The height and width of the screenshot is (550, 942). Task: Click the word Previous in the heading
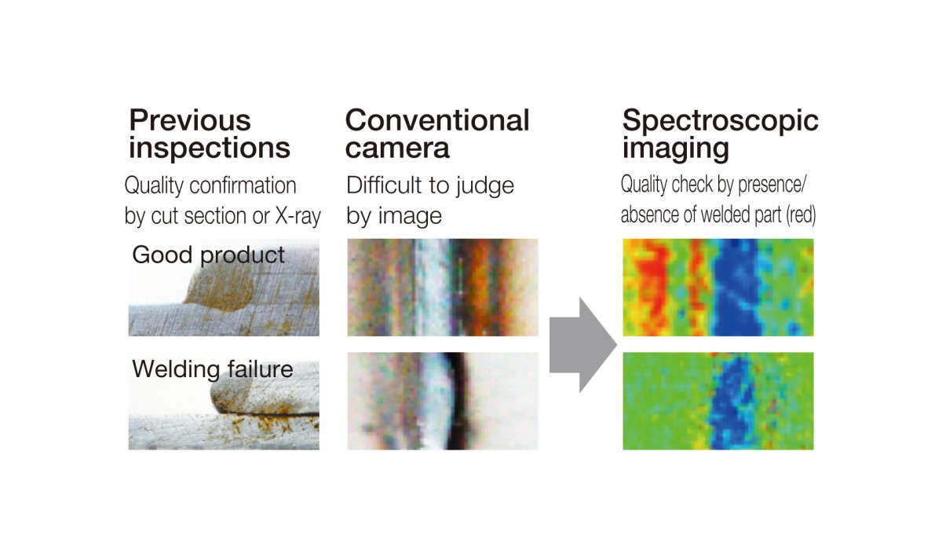pos(190,120)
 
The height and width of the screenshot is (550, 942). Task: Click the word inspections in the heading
pos(210,148)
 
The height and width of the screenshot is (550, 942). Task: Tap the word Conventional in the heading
pos(437,120)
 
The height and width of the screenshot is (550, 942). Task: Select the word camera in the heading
pos(397,148)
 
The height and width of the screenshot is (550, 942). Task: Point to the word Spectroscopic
pos(721,122)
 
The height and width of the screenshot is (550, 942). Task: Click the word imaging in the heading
pos(676,149)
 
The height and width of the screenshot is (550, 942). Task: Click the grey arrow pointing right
pos(582,345)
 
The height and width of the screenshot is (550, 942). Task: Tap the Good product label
pos(209,255)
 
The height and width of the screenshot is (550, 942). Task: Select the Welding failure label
pos(213,369)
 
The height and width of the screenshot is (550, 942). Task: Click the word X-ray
pos(298,216)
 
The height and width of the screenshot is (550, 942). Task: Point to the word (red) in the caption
pos(801,215)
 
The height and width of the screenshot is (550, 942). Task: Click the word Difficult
pos(384,185)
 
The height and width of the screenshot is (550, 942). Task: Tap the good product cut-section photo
pos(224,288)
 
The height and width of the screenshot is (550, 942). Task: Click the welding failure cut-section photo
pos(224,401)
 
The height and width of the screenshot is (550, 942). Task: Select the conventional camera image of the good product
pos(443,288)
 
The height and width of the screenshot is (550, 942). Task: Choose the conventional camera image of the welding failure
pos(443,401)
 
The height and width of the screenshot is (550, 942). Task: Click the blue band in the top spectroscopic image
pos(736,288)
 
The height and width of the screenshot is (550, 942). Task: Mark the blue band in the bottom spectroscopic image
pos(729,401)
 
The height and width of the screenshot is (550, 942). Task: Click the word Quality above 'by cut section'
pos(154,185)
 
